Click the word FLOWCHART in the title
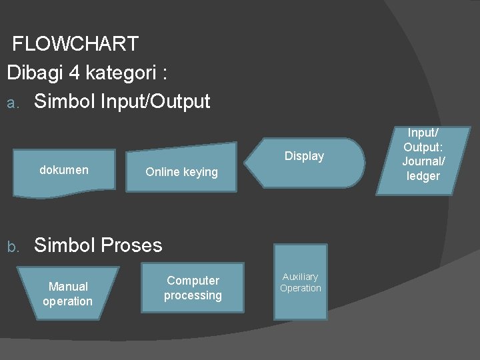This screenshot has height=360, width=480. point(75,44)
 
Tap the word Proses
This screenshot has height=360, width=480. point(131,245)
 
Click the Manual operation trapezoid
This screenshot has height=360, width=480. point(67,294)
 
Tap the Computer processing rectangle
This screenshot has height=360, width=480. point(193,288)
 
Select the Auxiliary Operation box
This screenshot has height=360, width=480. point(301,283)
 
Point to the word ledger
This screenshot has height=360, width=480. point(423,176)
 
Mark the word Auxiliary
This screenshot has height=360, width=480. point(301,277)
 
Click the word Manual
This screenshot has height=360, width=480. point(68,287)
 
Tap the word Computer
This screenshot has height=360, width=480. point(193,281)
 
